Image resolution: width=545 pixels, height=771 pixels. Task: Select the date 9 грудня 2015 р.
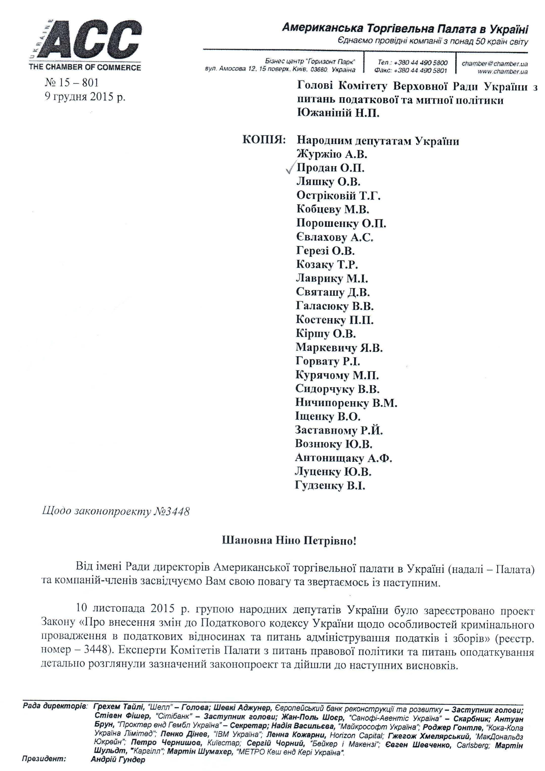pos(85,97)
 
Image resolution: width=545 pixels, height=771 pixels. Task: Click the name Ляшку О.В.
pos(328,182)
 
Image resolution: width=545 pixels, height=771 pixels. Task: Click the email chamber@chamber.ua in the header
pos(494,64)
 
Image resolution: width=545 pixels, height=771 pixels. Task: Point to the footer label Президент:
pos(44,759)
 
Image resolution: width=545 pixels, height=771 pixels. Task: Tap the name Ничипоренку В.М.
pos(346,403)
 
